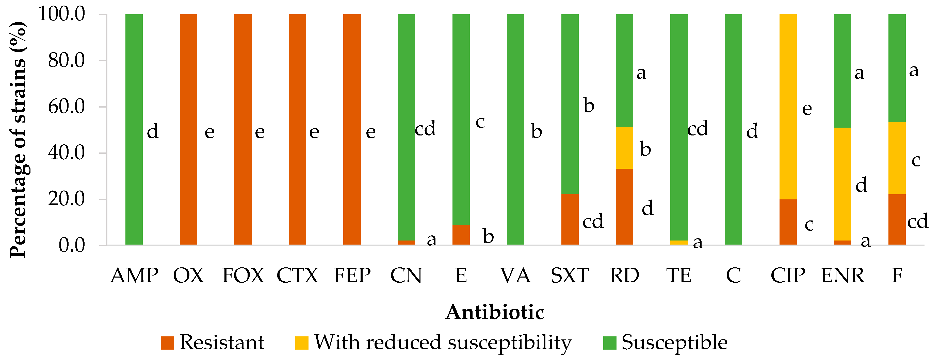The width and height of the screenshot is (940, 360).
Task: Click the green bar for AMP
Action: click(134, 129)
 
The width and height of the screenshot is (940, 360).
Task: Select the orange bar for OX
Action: click(188, 129)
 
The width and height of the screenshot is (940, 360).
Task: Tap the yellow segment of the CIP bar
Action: click(788, 107)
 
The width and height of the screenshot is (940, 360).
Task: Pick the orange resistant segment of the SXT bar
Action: click(570, 219)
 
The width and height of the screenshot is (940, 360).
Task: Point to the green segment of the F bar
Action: click(897, 68)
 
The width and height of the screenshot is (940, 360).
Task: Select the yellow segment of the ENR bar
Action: click(842, 184)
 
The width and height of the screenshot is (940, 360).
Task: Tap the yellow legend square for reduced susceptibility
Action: click(301, 343)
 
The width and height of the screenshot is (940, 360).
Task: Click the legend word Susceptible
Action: click(674, 343)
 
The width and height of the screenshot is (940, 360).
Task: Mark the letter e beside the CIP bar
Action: click(807, 109)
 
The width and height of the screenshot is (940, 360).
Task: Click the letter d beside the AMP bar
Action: click(153, 131)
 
